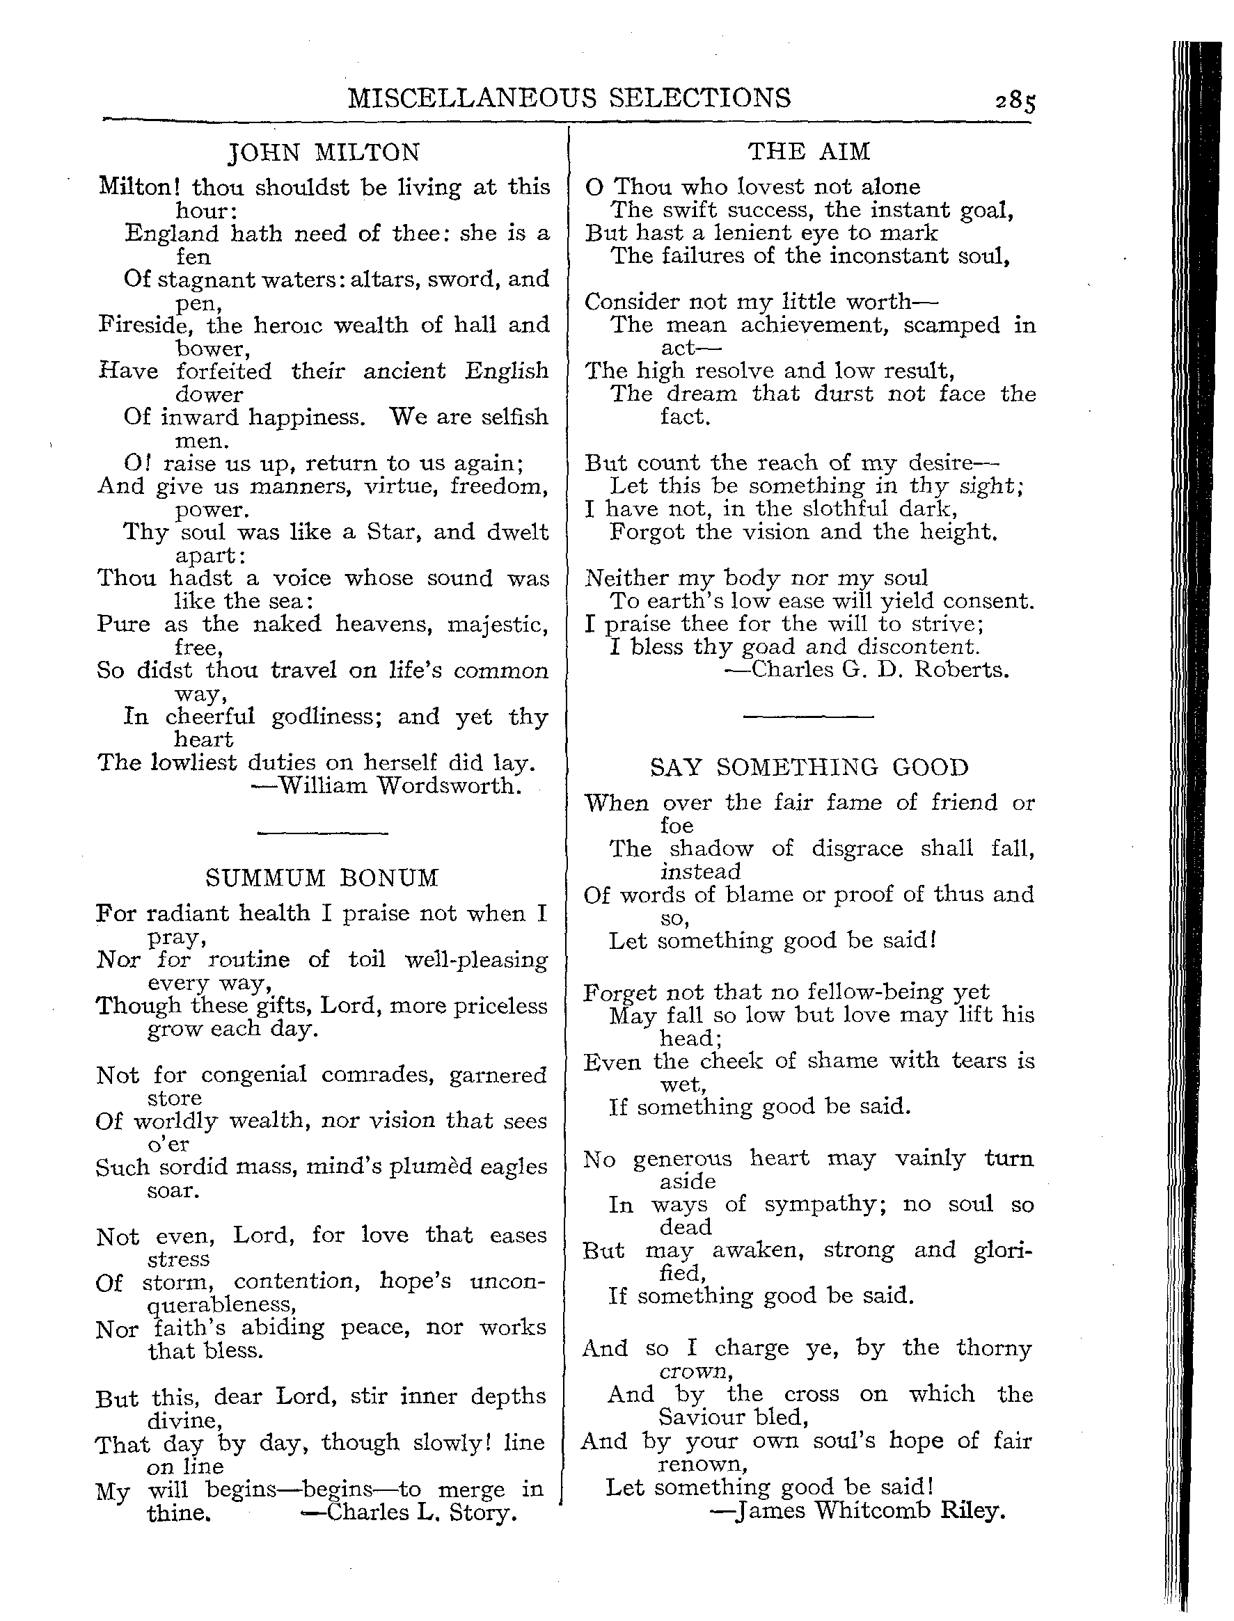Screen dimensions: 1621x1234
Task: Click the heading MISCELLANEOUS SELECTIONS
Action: (569, 98)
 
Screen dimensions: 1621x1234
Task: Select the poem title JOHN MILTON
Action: (324, 152)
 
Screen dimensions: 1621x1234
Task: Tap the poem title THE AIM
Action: (809, 152)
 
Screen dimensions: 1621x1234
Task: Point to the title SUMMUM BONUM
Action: (322, 878)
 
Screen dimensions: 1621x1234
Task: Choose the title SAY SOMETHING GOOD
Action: (809, 768)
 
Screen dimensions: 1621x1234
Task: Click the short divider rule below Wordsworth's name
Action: (322, 833)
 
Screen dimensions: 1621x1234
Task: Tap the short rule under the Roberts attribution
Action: (808, 716)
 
